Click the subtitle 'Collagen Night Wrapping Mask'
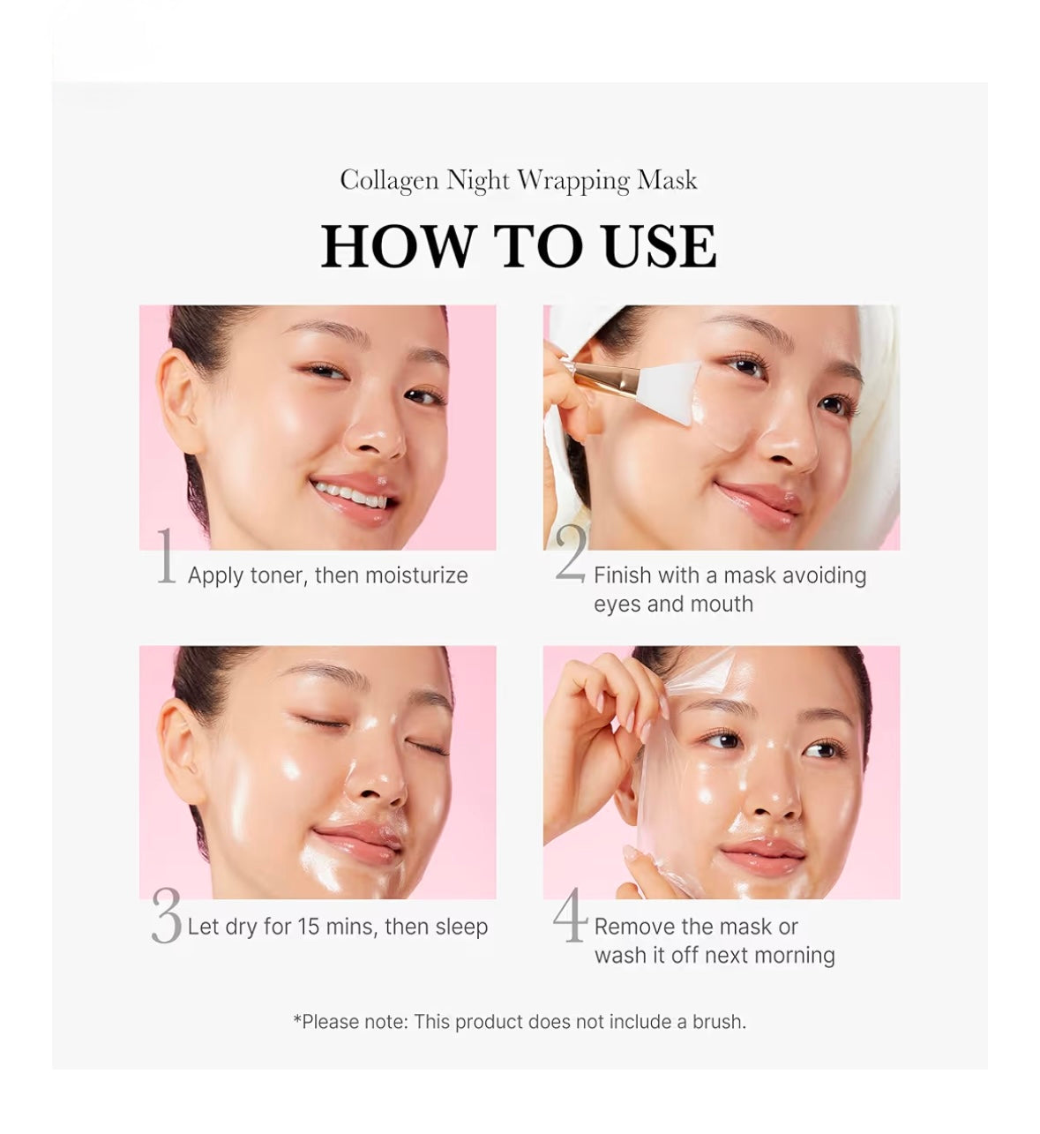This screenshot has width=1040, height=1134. pos(519,180)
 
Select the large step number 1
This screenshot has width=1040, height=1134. pos(166,557)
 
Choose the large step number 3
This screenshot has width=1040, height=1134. pos(166,917)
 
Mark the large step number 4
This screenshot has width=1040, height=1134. pos(570,915)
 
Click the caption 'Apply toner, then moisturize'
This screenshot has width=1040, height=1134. pos(327,575)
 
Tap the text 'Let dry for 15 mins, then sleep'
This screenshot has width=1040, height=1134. pos(337,927)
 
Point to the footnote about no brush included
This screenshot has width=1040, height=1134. pos(520,1022)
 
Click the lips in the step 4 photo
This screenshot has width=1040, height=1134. pos(761,853)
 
